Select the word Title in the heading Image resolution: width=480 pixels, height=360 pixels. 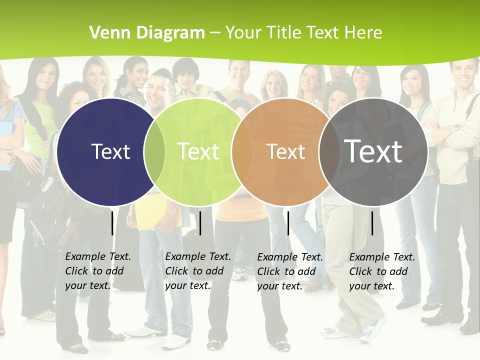[x=285, y=33]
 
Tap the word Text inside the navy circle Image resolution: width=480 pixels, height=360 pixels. [x=110, y=151]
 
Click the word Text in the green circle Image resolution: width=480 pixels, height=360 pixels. [x=198, y=151]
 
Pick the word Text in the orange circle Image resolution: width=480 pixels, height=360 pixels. [x=285, y=151]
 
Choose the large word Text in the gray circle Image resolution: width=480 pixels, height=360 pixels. [x=373, y=151]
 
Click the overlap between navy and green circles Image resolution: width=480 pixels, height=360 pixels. [x=154, y=151]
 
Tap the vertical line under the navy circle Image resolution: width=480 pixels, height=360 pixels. [x=112, y=223]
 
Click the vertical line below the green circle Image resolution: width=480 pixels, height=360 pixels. [x=200, y=223]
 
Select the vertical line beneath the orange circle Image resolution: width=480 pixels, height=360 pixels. [x=288, y=223]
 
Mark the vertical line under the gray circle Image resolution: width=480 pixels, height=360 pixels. [x=372, y=223]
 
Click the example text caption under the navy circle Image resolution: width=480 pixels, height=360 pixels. [x=97, y=271]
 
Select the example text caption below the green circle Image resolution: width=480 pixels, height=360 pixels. [x=197, y=271]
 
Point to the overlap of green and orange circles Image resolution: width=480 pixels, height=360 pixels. [x=242, y=151]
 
